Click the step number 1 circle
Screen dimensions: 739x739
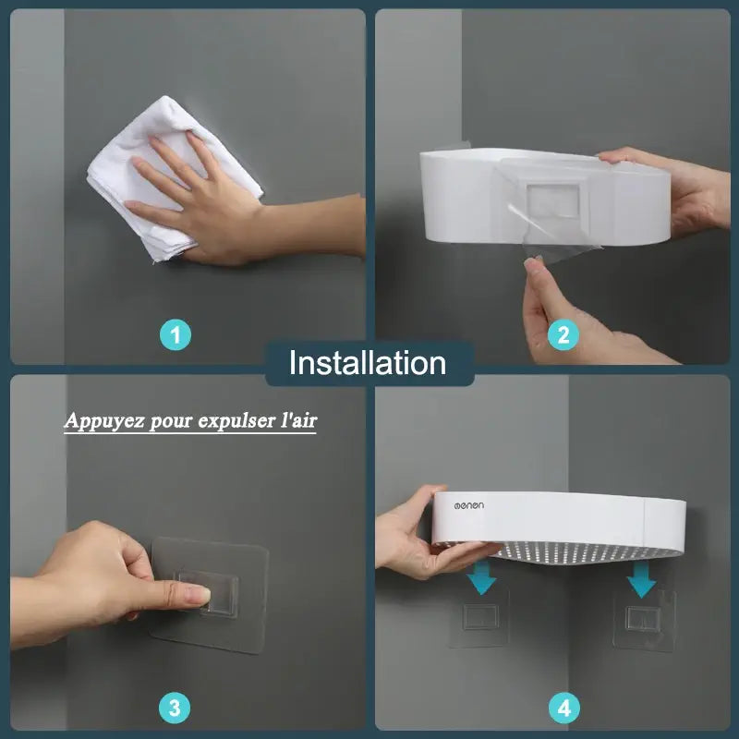(176, 335)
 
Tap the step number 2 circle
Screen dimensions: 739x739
(563, 335)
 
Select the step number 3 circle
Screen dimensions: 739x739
(175, 708)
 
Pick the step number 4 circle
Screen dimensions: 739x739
(564, 708)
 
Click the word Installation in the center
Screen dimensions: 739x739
(368, 363)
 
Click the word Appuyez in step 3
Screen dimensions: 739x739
(104, 420)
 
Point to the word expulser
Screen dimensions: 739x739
(238, 420)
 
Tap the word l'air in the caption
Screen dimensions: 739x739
(299, 419)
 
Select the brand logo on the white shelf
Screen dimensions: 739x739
(469, 505)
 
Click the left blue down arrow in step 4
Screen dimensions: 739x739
(482, 576)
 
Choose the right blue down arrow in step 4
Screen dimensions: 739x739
(641, 579)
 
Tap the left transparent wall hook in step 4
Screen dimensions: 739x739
(479, 617)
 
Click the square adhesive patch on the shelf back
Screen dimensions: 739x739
(553, 201)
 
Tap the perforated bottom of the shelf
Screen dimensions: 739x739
(585, 552)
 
